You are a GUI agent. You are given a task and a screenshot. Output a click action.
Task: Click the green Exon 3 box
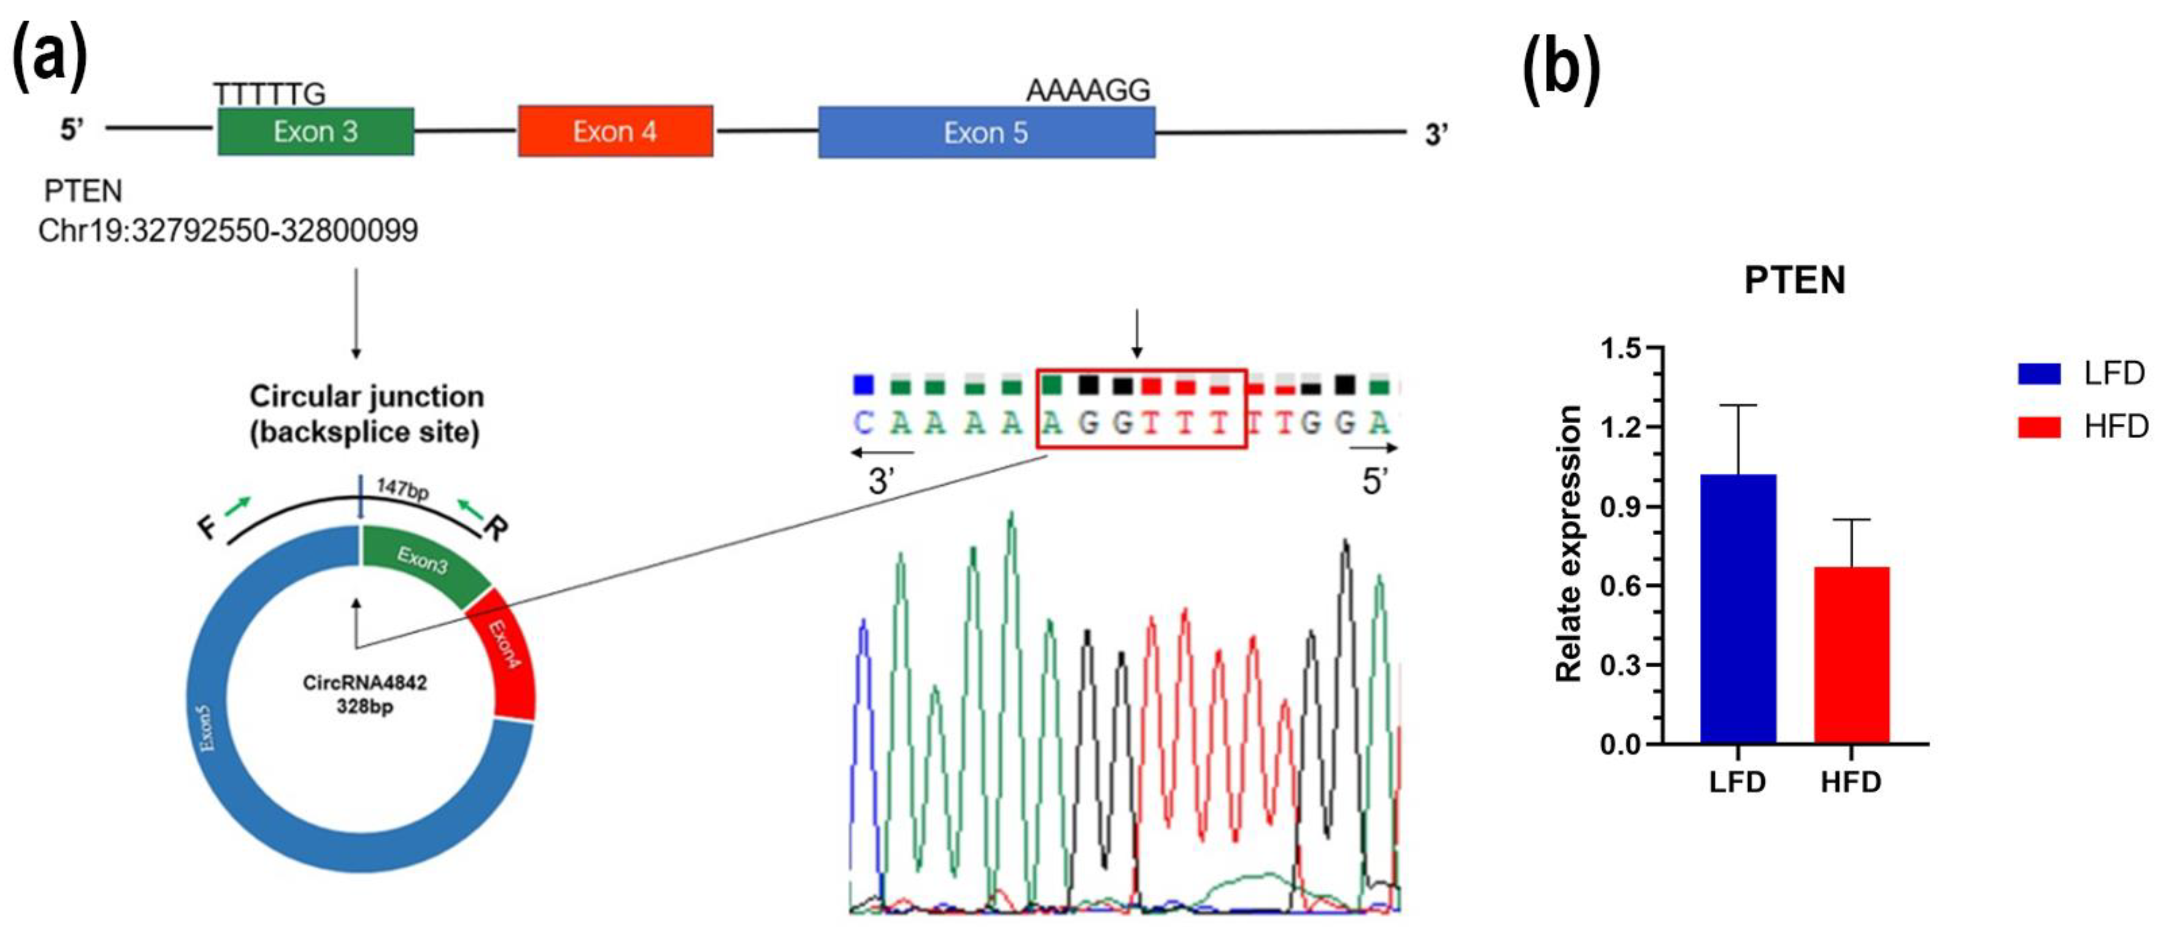pyautogui.click(x=315, y=132)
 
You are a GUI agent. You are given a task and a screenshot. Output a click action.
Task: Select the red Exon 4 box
pyautogui.click(x=615, y=132)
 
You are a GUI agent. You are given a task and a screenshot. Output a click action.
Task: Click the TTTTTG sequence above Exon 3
pyautogui.click(x=269, y=94)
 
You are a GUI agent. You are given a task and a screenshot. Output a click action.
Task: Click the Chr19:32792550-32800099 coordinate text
pyautogui.click(x=228, y=230)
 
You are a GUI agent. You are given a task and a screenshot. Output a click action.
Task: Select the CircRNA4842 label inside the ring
pyautogui.click(x=365, y=683)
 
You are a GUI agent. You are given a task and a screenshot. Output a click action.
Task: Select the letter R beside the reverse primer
pyautogui.click(x=496, y=529)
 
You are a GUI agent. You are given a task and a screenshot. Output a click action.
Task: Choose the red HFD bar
pyautogui.click(x=1852, y=655)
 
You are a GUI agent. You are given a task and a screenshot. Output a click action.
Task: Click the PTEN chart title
pyautogui.click(x=1794, y=280)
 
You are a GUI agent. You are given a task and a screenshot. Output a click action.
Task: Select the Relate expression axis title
pyautogui.click(x=1568, y=544)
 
